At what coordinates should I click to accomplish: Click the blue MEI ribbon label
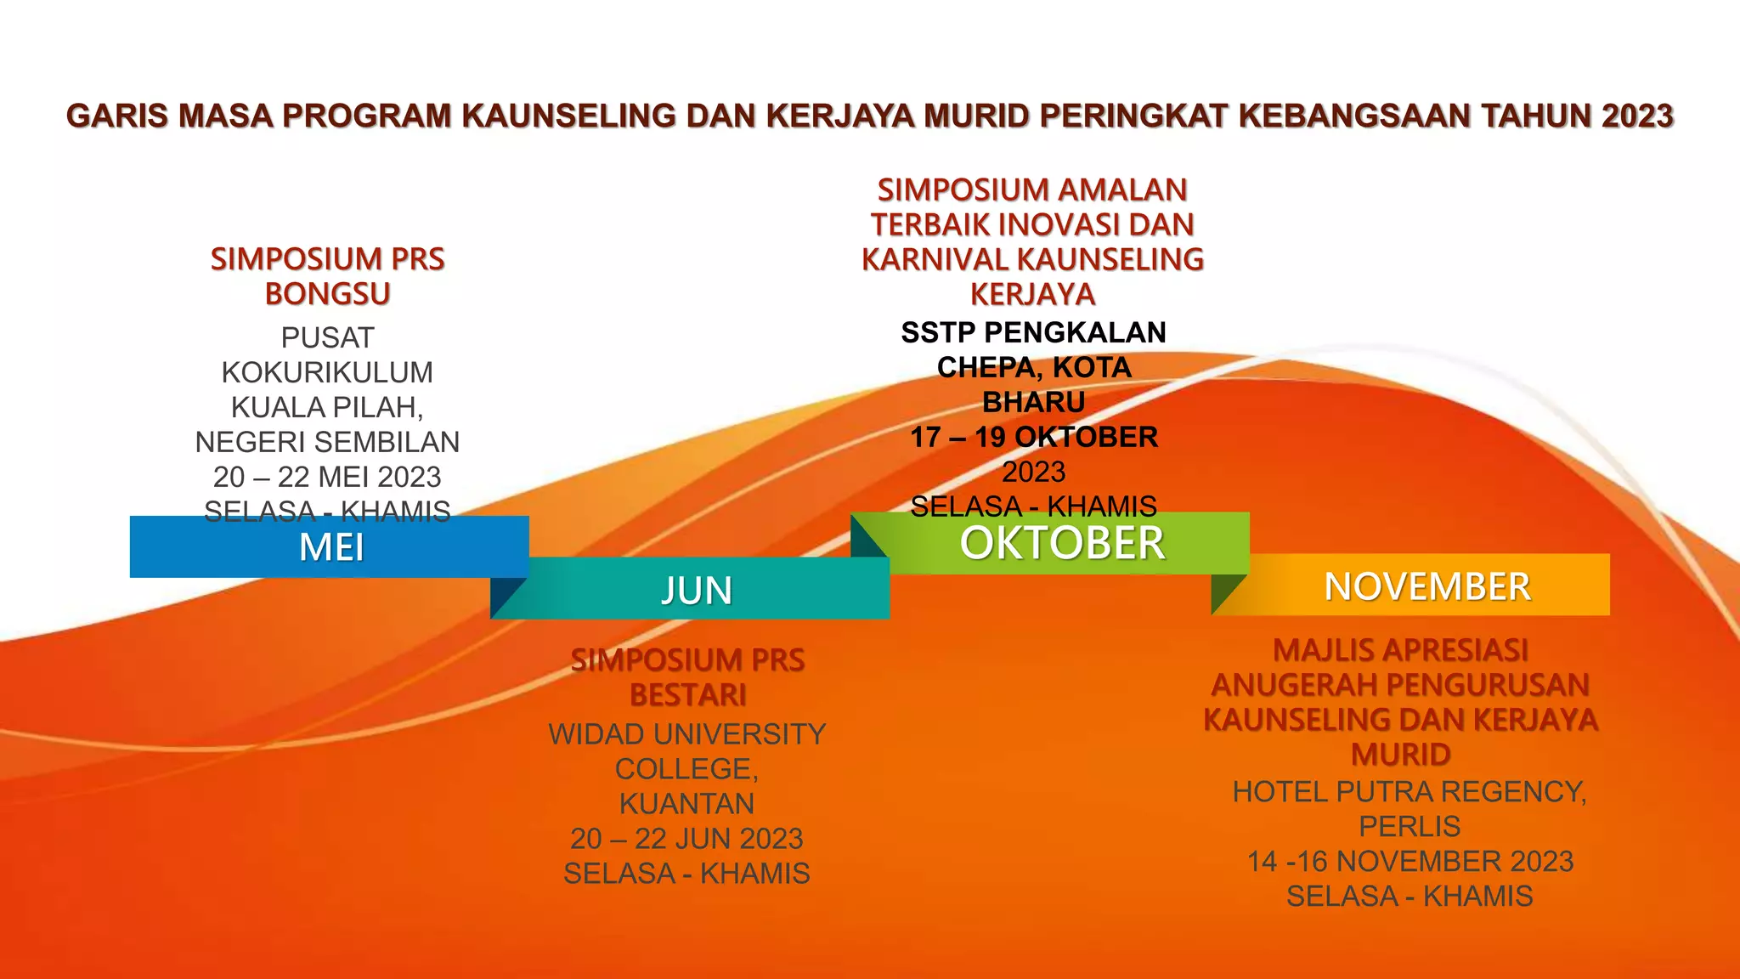pos(331,548)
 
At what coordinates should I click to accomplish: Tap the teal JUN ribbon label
pos(697,591)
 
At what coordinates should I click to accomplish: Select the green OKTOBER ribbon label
pos(1062,544)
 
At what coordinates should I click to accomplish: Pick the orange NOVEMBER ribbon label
pos(1427,586)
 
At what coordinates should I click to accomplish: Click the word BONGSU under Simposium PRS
pos(327,294)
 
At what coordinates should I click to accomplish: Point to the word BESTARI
pos(688,695)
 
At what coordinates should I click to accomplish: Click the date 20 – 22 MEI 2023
pos(327,477)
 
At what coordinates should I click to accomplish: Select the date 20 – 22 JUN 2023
pos(686,839)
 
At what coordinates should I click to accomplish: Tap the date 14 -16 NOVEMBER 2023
pos(1410,861)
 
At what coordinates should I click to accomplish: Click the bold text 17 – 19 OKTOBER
pos(1034,437)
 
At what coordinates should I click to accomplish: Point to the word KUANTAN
pos(686,804)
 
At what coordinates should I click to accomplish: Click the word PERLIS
pos(1410,826)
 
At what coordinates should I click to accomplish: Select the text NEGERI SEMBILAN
pos(327,442)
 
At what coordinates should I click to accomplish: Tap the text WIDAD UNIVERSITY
pos(686,734)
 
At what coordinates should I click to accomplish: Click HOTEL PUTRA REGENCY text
pos(1409,791)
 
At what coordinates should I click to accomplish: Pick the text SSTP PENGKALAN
pos(1034,332)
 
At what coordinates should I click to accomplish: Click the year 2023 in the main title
pos(1636,116)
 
